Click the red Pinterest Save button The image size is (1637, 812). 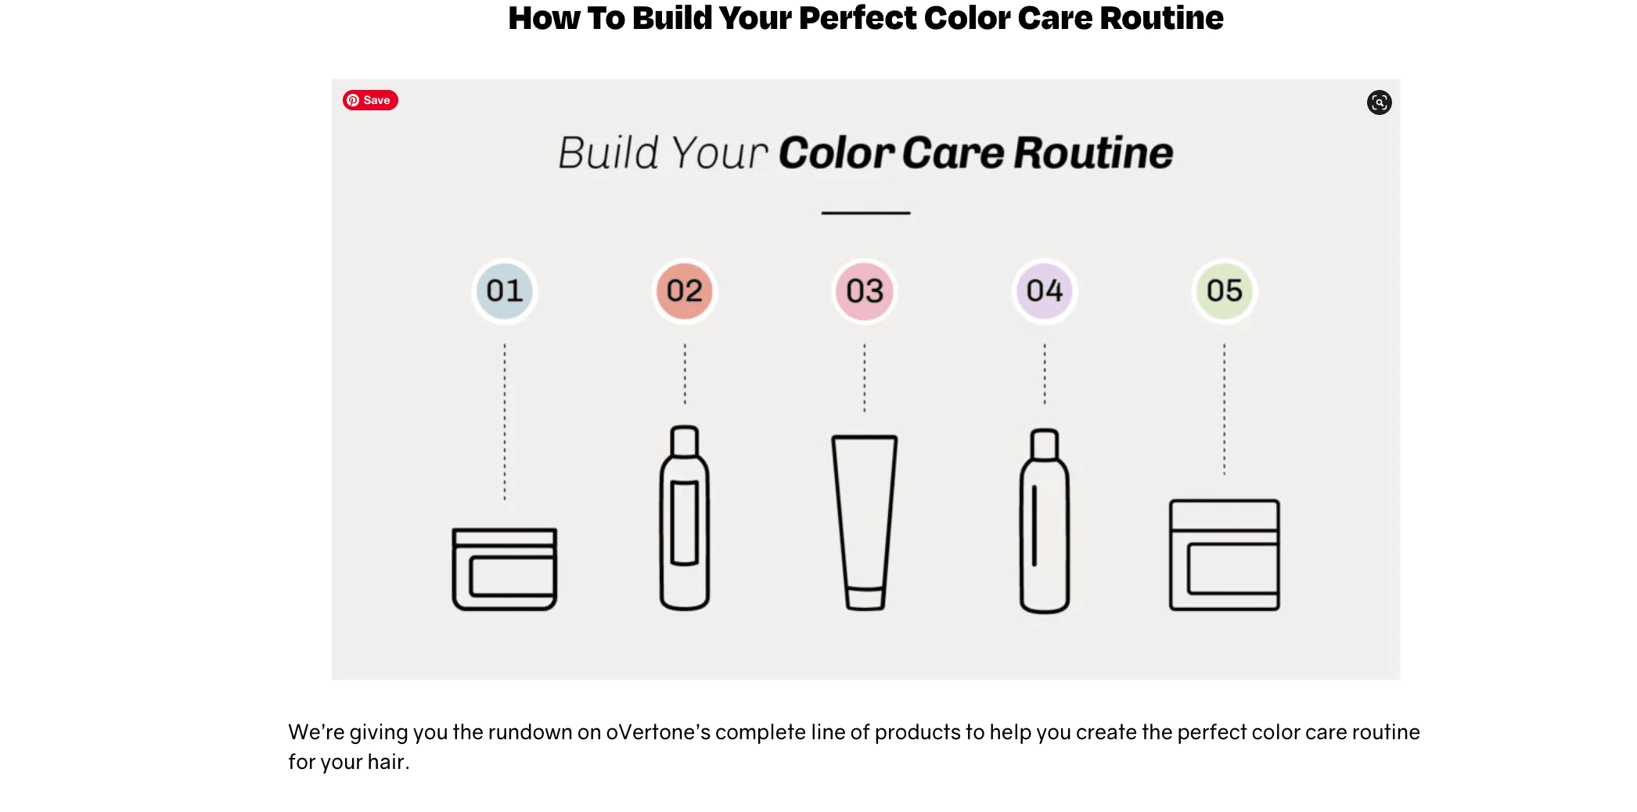(x=370, y=100)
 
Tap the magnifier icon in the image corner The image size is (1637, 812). (x=1379, y=102)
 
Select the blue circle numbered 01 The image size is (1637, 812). (x=505, y=291)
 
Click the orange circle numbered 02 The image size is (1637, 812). (x=685, y=291)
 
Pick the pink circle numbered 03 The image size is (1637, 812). (x=865, y=291)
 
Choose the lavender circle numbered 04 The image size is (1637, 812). (x=1045, y=291)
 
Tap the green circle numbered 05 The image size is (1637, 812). (x=1225, y=291)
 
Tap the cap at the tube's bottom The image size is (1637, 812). (x=865, y=598)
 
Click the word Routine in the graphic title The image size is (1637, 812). (x=1093, y=153)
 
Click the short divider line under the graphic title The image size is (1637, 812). (x=865, y=213)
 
